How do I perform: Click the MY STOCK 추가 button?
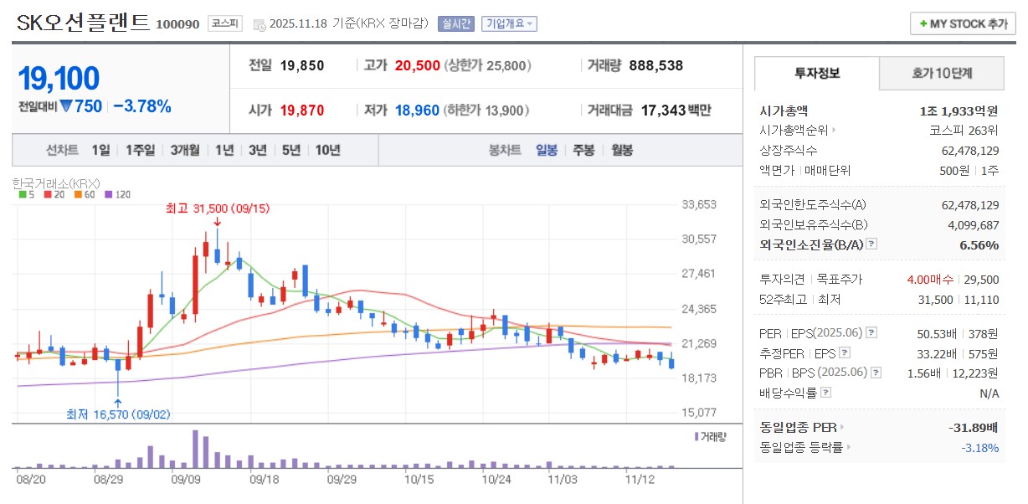(x=963, y=23)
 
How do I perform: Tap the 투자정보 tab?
(x=816, y=73)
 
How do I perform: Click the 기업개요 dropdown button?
(x=509, y=23)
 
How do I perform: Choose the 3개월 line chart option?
(x=184, y=150)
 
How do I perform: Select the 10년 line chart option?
(x=326, y=150)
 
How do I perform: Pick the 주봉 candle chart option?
(x=583, y=150)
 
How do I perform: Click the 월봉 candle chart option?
(x=621, y=150)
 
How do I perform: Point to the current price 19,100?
(x=59, y=79)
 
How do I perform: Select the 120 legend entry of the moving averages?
(x=121, y=194)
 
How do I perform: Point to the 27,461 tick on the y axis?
(x=699, y=274)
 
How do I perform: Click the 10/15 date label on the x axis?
(x=419, y=480)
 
